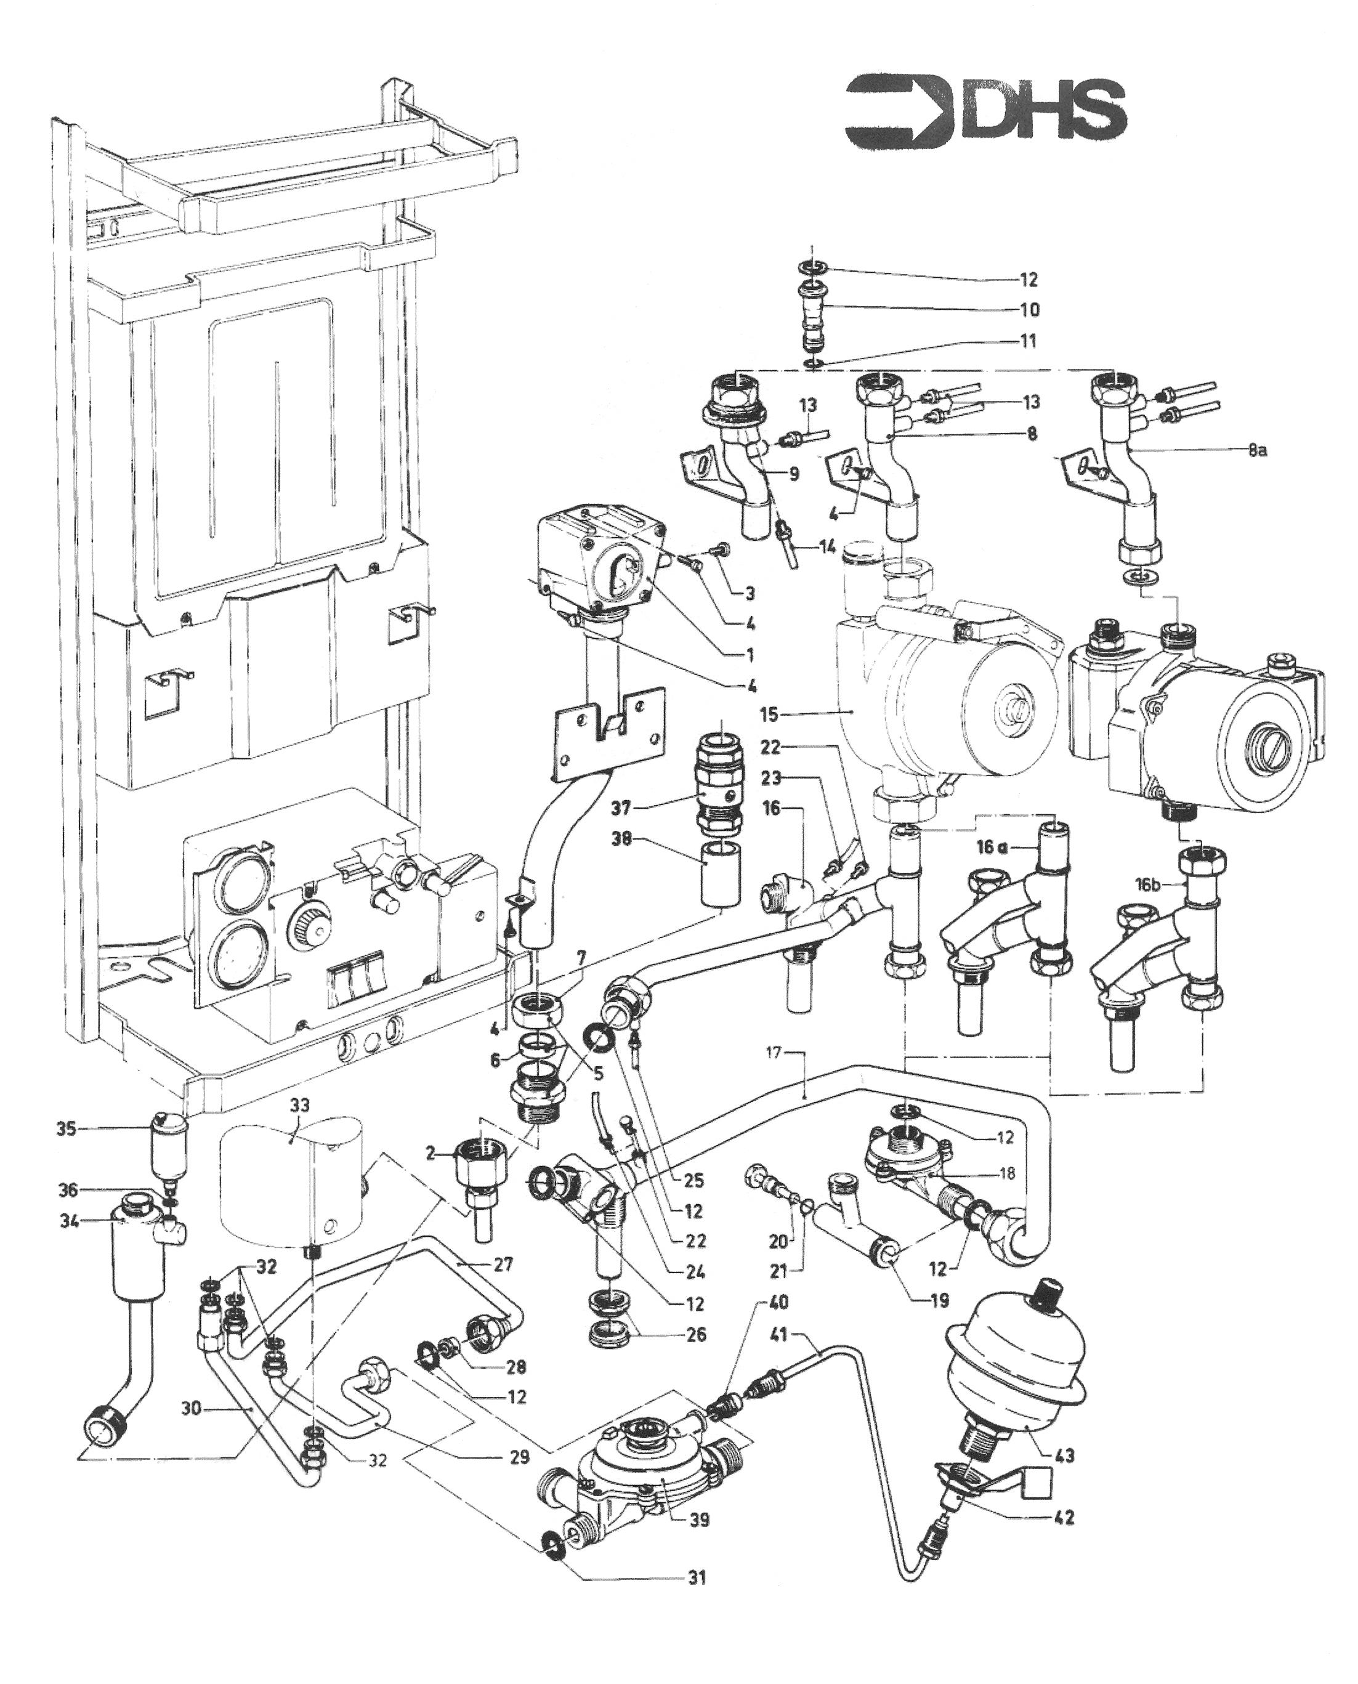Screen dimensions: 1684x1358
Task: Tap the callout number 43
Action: (x=1065, y=1455)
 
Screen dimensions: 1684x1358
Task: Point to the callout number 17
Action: (x=774, y=1053)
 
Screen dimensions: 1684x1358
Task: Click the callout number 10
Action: (x=1030, y=310)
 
